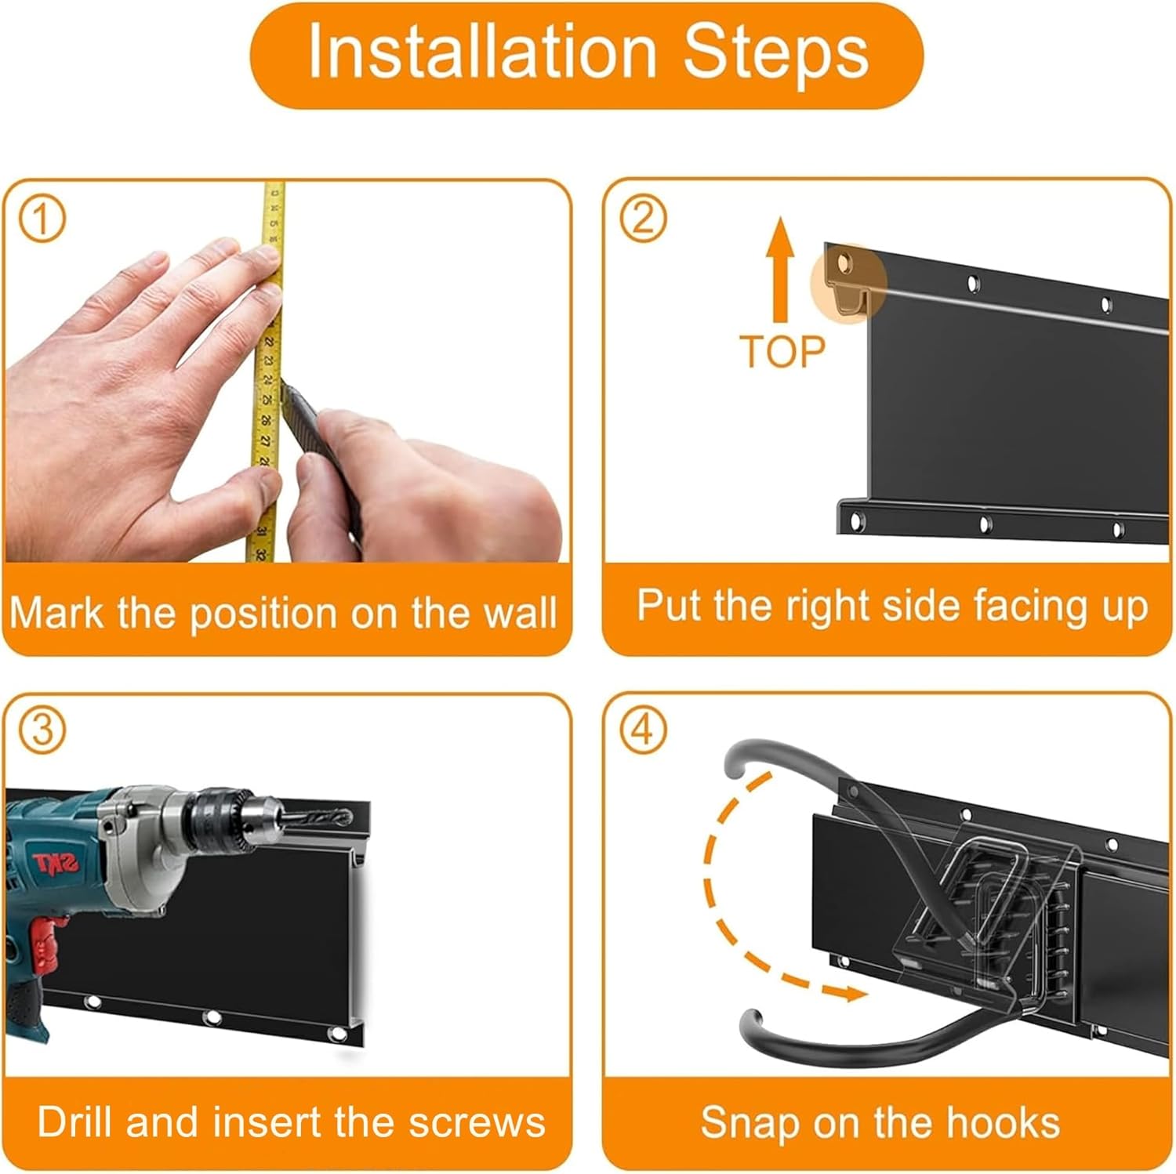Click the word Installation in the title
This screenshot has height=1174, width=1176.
[481, 52]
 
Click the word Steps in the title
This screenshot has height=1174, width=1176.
[775, 52]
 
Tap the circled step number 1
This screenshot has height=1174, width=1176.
[42, 220]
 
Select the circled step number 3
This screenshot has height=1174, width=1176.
[42, 730]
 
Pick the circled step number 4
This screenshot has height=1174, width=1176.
[642, 730]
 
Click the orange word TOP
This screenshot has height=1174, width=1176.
[782, 351]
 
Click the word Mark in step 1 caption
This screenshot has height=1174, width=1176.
[56, 612]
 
